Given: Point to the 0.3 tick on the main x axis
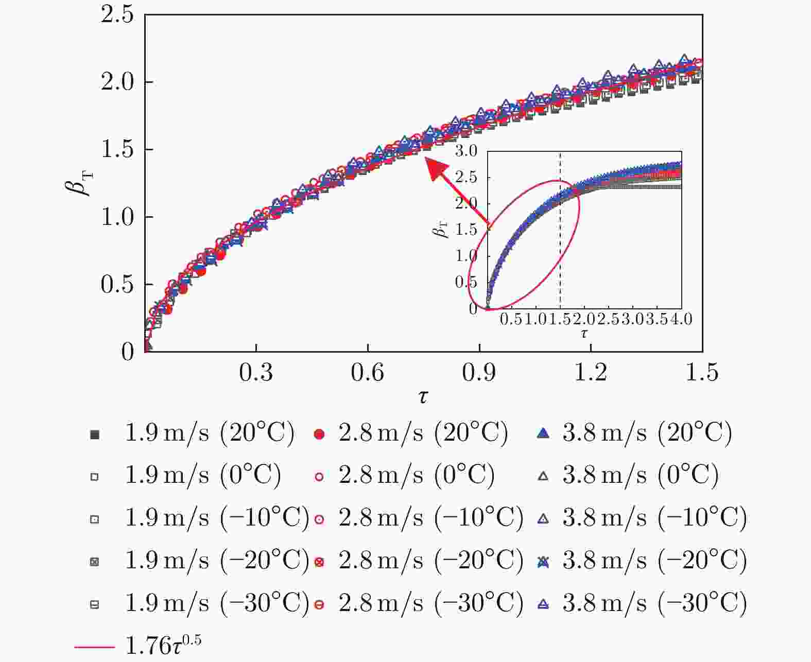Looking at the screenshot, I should click(x=256, y=372).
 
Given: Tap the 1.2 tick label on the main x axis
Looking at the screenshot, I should click(x=591, y=372).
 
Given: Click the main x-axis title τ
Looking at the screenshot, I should click(x=423, y=396).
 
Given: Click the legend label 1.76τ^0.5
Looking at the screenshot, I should click(x=163, y=645).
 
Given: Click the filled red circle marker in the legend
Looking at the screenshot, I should click(x=319, y=434).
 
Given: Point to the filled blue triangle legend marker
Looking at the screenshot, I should click(x=543, y=433).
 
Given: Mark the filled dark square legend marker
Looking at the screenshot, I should click(x=94, y=434).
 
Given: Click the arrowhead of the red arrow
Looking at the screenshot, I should click(x=434, y=167).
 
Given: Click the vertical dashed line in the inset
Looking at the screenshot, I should click(x=560, y=232).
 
